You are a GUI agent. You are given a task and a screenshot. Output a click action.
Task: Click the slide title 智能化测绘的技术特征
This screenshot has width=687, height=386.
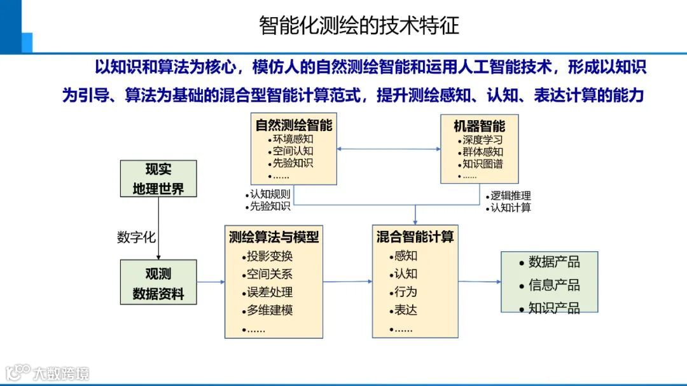[x=359, y=25]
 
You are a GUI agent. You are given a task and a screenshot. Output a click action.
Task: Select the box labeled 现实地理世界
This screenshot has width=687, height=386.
[x=158, y=179]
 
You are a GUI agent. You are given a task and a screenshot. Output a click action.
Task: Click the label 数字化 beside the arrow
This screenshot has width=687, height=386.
[x=136, y=237]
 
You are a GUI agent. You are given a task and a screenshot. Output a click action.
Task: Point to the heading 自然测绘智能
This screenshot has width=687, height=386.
[x=294, y=125]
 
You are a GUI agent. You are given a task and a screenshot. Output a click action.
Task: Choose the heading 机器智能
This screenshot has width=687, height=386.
[x=480, y=126]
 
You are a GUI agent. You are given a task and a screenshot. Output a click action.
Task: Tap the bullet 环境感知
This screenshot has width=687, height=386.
[x=293, y=139]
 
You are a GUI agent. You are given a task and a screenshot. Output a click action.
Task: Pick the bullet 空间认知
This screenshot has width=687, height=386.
[x=293, y=151]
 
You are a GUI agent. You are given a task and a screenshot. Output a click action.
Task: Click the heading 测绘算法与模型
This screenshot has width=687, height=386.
[x=274, y=237]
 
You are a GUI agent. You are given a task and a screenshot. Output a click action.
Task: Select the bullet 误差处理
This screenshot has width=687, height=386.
[x=270, y=293]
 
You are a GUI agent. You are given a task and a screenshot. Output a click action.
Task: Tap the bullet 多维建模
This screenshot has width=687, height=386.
[x=270, y=311]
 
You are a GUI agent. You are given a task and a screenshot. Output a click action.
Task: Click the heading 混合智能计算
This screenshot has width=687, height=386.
[x=415, y=237]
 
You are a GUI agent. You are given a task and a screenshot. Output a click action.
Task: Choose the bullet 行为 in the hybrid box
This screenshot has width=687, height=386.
[x=405, y=292]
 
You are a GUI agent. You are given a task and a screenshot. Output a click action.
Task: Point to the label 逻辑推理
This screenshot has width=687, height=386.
[x=510, y=196]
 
